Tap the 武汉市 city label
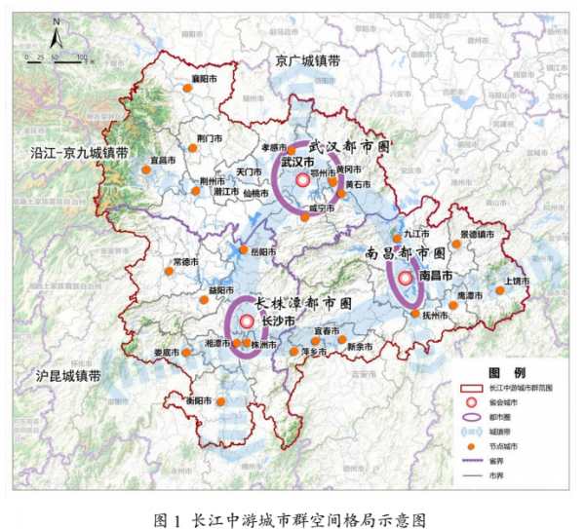[x=296, y=161]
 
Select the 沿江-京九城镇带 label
[x=73, y=154]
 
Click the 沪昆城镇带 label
[x=69, y=374]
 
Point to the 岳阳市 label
[x=263, y=250]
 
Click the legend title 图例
[x=506, y=373]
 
